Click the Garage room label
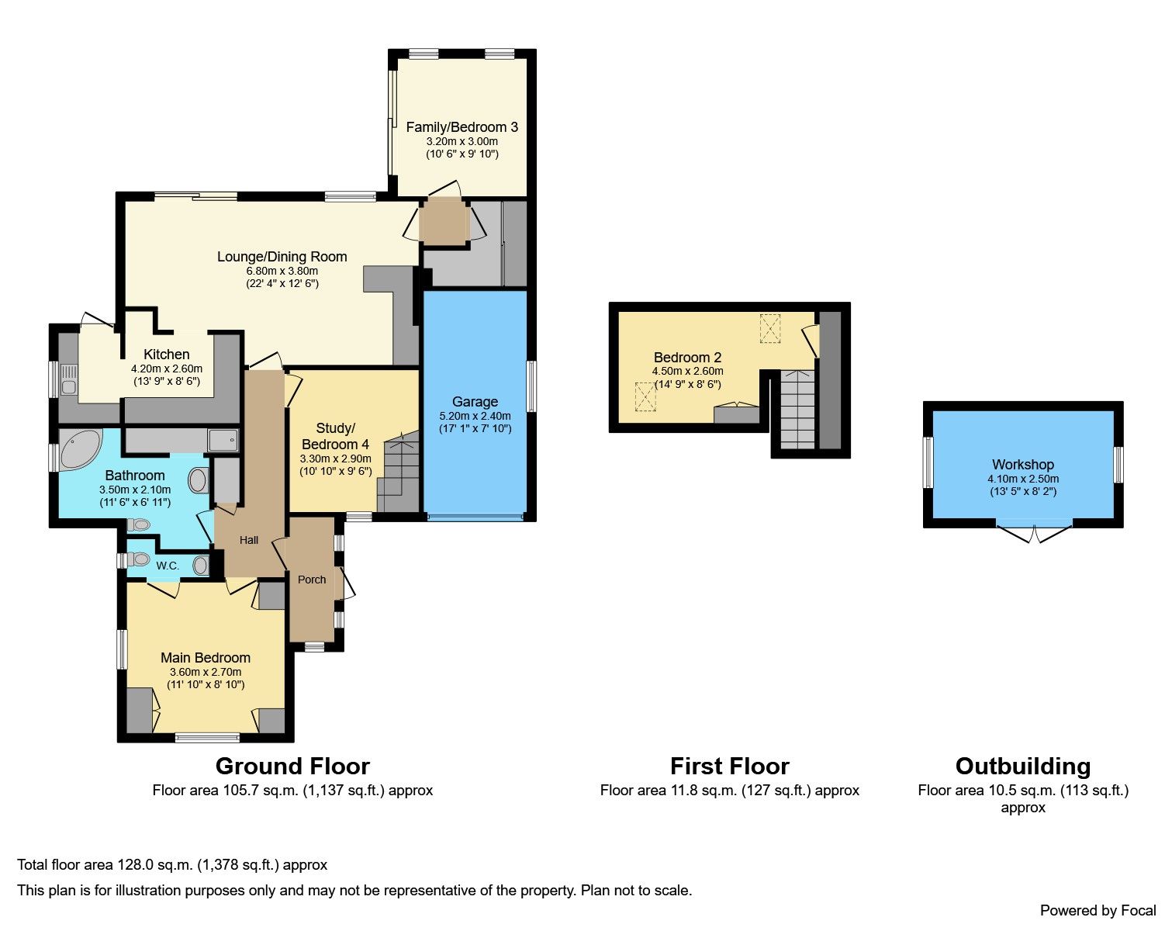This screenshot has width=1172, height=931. (x=475, y=402)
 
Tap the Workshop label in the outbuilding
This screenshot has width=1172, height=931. (x=1022, y=465)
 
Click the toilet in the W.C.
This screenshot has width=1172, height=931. (x=139, y=559)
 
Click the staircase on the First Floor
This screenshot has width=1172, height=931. (x=797, y=410)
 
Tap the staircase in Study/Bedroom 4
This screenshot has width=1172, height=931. (x=400, y=473)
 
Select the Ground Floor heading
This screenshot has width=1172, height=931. (x=292, y=767)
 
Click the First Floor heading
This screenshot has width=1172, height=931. (x=729, y=767)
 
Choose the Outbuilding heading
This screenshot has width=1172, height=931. (x=1022, y=767)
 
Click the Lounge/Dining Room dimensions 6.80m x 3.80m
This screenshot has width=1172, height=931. (x=282, y=271)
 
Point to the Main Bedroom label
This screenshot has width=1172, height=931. (x=206, y=658)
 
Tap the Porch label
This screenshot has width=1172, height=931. (x=312, y=580)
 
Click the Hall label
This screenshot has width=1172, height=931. (x=249, y=540)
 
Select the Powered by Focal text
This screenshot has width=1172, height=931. (x=1098, y=910)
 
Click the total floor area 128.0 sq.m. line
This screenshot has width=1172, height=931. (x=172, y=864)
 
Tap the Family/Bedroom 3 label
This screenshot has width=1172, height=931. (x=462, y=127)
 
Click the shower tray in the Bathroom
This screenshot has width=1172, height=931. (x=223, y=440)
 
